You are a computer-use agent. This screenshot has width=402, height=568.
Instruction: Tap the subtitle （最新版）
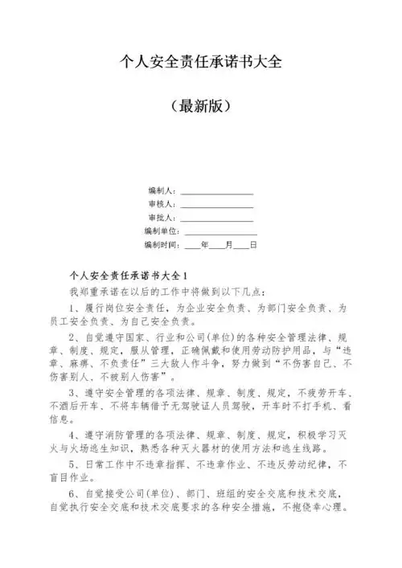coord(200,105)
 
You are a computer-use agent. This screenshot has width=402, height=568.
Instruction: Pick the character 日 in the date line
coord(253,244)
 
